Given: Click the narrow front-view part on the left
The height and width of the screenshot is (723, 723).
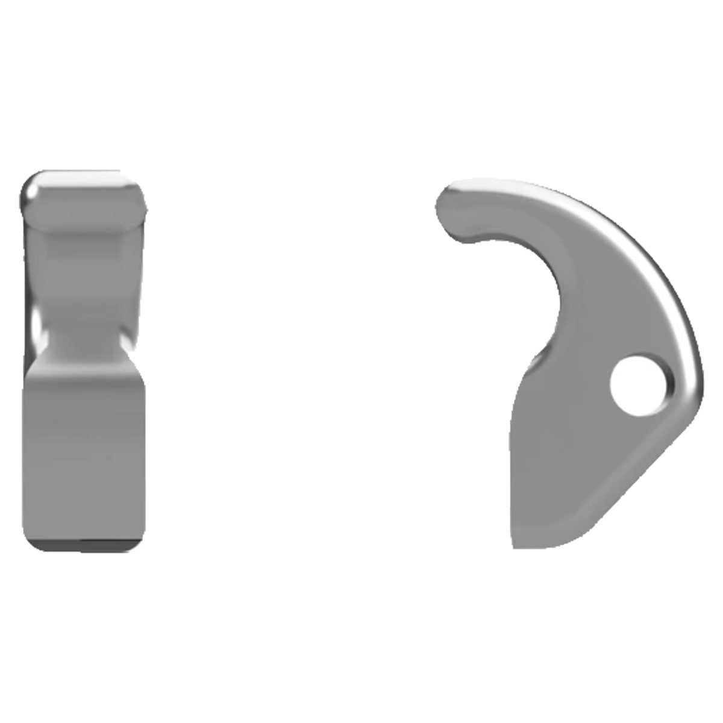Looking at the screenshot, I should (x=84, y=361).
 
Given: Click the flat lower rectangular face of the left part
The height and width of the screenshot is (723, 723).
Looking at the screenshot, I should (x=84, y=446).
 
